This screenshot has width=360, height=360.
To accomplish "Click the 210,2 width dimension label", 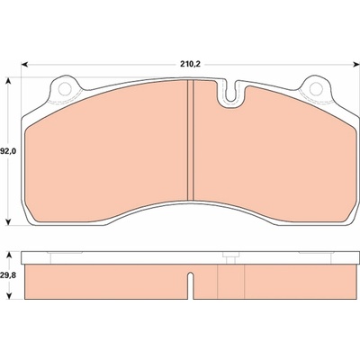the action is (x=190, y=64).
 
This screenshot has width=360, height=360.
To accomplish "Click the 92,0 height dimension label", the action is (x=9, y=151).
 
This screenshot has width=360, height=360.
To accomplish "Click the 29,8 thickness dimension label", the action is (x=9, y=275).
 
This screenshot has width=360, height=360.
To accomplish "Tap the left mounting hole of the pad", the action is (x=65, y=89).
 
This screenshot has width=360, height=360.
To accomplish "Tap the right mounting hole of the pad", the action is (x=316, y=89).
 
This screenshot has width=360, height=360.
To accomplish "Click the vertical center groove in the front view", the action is (x=191, y=139).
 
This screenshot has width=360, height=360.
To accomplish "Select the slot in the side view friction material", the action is (x=190, y=282).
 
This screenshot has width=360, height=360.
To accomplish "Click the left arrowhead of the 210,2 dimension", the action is (x=25, y=64).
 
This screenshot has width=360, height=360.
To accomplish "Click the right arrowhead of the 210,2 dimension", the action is (x=356, y=64).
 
